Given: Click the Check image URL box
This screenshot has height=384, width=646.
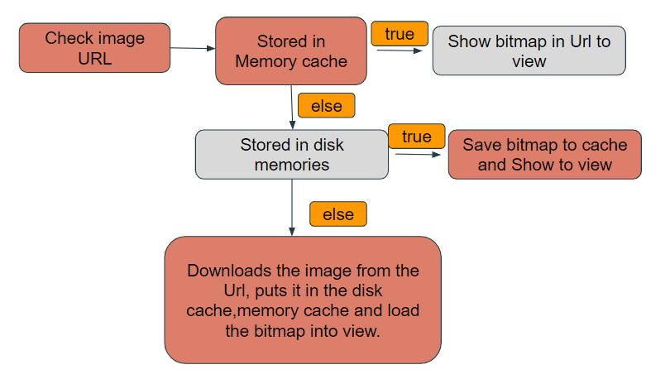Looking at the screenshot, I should point(94,48).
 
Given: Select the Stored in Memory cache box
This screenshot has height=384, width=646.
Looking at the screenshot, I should point(291,50).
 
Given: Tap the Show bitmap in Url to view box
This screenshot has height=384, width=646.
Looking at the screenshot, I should point(529,51).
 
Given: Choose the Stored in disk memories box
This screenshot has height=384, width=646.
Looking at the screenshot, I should point(291,155).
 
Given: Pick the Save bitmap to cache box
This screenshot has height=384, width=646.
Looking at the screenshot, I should point(544,155).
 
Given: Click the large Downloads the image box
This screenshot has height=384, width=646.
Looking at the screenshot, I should point(303,300).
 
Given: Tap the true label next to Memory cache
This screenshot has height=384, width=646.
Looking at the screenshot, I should point(400,34).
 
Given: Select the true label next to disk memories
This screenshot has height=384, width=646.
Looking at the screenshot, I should point(416,137).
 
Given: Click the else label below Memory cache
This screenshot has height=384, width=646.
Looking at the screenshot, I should point(326,106).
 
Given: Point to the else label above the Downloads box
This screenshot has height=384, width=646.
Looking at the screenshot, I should point(337,214).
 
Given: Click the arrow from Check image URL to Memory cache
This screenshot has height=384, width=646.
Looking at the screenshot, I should point(193,48).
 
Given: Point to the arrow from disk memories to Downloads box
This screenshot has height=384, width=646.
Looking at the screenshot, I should point(292,207).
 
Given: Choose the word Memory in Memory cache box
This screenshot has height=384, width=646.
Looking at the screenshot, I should point(269,61).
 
